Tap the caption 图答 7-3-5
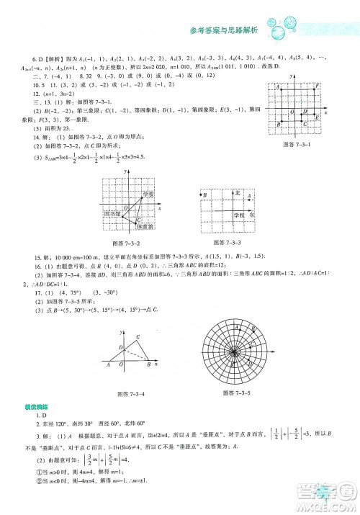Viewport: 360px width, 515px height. (237, 393)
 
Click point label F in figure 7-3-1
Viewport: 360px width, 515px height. (318, 86)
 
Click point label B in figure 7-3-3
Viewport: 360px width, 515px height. (205, 195)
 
